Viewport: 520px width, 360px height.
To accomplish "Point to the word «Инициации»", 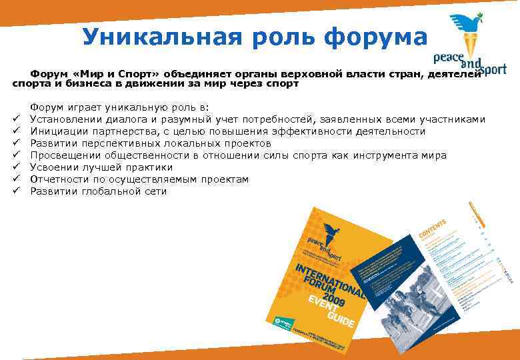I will pos(59,131).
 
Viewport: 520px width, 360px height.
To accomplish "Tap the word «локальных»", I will pos(195,143).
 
